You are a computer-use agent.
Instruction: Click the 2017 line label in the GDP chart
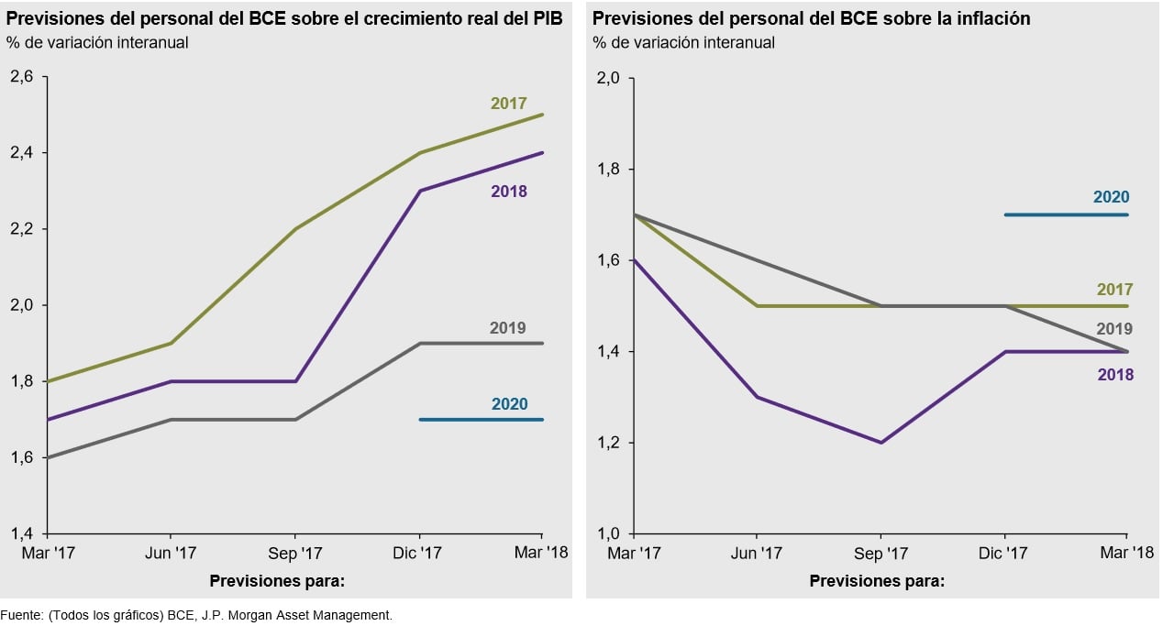(508, 104)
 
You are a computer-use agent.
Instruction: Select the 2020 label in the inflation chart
(1111, 197)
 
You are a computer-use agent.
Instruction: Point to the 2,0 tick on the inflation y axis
(608, 78)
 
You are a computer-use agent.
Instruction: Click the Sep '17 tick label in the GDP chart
(294, 554)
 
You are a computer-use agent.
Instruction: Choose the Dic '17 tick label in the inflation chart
(1004, 554)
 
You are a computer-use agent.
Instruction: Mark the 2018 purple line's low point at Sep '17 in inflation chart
(881, 443)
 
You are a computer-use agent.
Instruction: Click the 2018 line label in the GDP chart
(508, 192)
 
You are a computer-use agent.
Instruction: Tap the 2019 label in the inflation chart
(1114, 329)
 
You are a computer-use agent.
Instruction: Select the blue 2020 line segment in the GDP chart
(481, 420)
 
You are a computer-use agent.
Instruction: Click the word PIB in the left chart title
(548, 18)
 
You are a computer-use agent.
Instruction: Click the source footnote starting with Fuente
(196, 615)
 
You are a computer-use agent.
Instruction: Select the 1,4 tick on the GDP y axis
(21, 533)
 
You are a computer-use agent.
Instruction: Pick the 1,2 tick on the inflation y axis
(608, 443)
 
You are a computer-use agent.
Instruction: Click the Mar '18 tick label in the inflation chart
(1127, 554)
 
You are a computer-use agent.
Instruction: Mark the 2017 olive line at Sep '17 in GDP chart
(294, 229)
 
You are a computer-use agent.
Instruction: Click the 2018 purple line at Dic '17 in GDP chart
(419, 191)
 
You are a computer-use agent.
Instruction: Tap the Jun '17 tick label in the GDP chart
(171, 554)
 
